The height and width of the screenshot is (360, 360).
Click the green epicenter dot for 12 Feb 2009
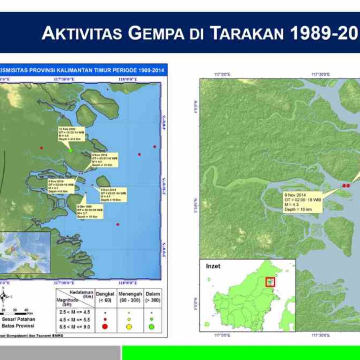(x=71, y=150)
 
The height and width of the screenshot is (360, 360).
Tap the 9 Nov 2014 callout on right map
(x=303, y=202)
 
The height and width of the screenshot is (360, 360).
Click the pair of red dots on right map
(x=346, y=186)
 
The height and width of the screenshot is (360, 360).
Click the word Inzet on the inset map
(x=213, y=266)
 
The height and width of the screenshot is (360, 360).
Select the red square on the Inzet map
(x=270, y=282)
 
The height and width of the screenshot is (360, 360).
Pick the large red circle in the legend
(x=104, y=327)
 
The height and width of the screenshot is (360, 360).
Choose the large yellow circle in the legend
(x=129, y=327)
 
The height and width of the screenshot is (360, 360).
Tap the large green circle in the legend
(x=152, y=327)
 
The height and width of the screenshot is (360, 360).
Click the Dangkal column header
(x=105, y=296)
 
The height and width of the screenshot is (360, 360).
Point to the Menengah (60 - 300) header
(x=130, y=296)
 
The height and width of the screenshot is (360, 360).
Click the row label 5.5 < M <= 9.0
(x=74, y=327)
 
